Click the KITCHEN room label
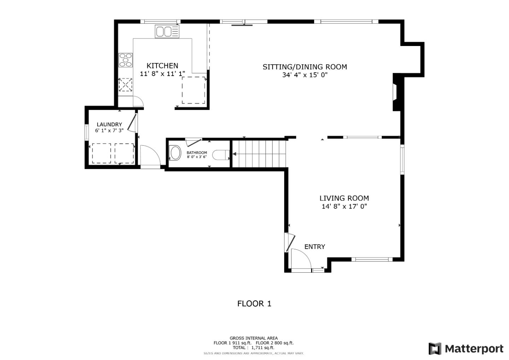click(162, 66)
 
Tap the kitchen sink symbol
click(167, 31)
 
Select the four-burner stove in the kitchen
click(125, 60)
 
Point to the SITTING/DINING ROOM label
click(305, 67)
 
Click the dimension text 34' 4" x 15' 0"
click(305, 75)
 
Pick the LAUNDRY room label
click(109, 124)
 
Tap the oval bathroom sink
click(175, 153)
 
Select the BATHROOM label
click(197, 153)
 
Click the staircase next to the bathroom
click(259, 154)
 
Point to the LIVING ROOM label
click(344, 198)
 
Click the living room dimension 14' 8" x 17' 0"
click(344, 207)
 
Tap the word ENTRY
click(315, 247)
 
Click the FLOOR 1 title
click(254, 304)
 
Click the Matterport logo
click(466, 349)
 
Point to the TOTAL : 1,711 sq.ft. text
click(253, 348)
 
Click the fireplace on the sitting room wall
click(397, 92)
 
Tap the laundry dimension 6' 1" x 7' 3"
click(109, 131)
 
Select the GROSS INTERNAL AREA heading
click(253, 338)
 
